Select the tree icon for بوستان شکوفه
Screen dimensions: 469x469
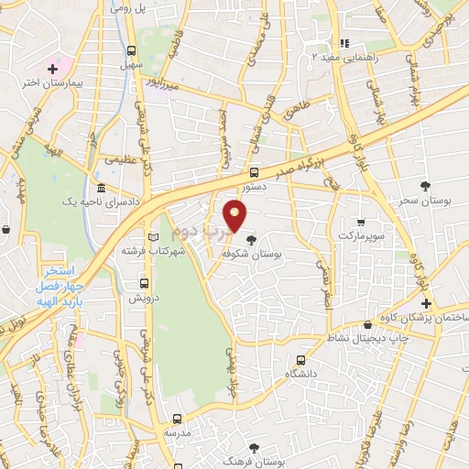click(x=252, y=241)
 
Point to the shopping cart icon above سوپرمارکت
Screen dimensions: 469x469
click(x=361, y=222)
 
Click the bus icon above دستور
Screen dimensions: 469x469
click(x=255, y=172)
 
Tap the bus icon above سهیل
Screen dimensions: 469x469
click(x=132, y=51)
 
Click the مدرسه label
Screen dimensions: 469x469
click(x=177, y=431)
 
